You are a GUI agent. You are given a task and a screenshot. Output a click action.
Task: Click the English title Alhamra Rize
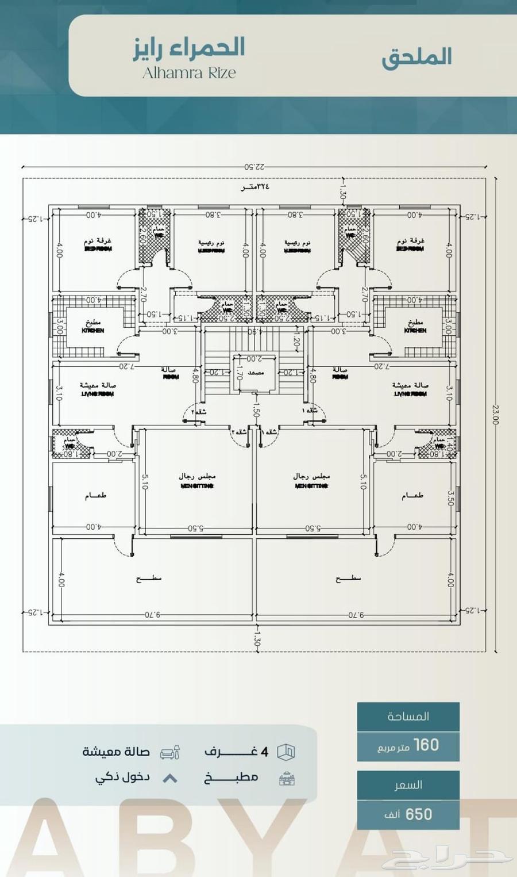(189, 73)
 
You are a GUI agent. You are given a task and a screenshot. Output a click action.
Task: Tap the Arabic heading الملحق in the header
(416, 57)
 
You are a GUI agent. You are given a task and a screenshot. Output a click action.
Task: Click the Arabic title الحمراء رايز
(189, 48)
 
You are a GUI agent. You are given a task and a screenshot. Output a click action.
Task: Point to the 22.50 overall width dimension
(254, 167)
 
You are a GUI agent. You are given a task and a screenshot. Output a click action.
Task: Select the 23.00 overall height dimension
(495, 414)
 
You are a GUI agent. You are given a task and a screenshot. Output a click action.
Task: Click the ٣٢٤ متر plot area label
(255, 187)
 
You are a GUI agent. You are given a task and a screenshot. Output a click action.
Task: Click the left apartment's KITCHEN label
(93, 331)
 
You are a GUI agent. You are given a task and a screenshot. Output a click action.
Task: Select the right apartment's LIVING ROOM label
(410, 394)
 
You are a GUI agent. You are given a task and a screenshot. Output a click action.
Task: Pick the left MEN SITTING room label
(197, 486)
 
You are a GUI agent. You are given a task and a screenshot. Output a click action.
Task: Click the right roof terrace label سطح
(348, 579)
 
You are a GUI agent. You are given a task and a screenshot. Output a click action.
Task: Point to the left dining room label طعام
(96, 496)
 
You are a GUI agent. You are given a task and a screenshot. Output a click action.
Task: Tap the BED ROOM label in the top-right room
(410, 249)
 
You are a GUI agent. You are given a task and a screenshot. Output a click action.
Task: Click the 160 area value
(426, 745)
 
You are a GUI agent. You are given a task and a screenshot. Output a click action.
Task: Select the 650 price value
(419, 814)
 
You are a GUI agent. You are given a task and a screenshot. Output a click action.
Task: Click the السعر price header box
(408, 785)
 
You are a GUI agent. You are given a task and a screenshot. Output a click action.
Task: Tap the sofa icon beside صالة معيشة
(170, 752)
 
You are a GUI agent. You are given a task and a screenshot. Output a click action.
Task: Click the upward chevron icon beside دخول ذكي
(170, 779)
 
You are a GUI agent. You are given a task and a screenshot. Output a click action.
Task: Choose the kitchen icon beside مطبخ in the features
(287, 779)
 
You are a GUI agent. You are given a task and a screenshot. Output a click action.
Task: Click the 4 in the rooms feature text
(264, 752)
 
